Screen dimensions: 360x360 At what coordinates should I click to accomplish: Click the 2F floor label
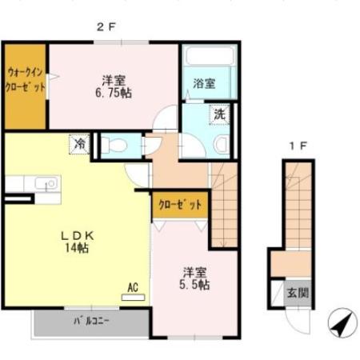pyautogui.click(x=107, y=26)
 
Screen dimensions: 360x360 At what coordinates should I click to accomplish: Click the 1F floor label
pyautogui.click(x=298, y=146)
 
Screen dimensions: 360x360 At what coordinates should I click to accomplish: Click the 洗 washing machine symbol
pyautogui.click(x=218, y=114)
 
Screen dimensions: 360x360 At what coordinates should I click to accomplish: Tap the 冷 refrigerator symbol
pyautogui.click(x=80, y=145)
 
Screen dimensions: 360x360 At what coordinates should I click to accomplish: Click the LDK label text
pyautogui.click(x=79, y=235)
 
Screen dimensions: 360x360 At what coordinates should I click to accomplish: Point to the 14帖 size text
pyautogui.click(x=78, y=249)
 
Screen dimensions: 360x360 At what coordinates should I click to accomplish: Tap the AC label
pyautogui.click(x=133, y=284)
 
